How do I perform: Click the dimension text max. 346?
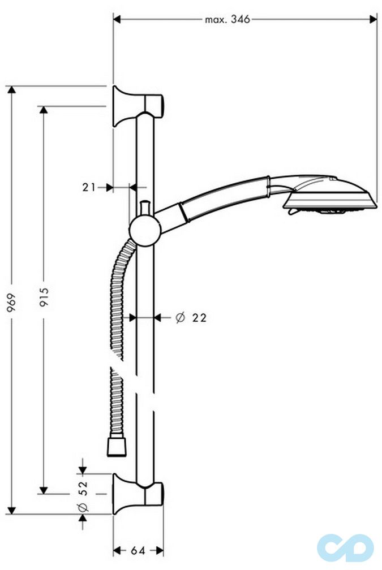pos(227,19)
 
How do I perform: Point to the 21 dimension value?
pos(89,187)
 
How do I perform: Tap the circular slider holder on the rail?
pos(145,230)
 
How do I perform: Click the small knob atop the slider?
pos(145,207)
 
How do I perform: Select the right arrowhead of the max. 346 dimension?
pos(373,19)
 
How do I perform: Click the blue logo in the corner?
pos(345,547)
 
